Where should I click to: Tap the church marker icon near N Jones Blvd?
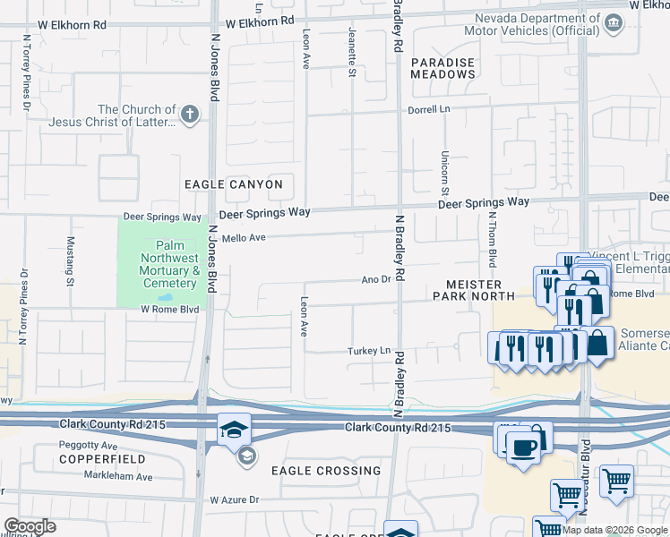coord(189,114)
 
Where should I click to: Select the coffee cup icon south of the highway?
coord(523,446)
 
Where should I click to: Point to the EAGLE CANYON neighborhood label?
coord(234,184)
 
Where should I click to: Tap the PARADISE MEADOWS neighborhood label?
coord(443,68)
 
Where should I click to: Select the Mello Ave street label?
coord(245,238)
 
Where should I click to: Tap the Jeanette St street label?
coord(352,51)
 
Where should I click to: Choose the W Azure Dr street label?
coord(234,500)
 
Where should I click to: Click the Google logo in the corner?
coord(30,526)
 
